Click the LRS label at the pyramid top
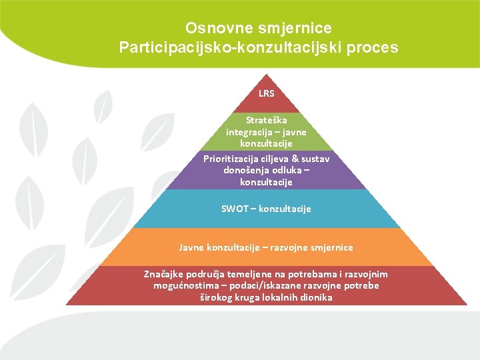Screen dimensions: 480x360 [266, 93]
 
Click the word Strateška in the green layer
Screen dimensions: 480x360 [266, 121]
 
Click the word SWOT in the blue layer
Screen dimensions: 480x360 [233, 209]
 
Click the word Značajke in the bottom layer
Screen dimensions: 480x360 [164, 274]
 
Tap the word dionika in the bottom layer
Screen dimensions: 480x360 [316, 297]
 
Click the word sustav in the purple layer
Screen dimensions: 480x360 [315, 159]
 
